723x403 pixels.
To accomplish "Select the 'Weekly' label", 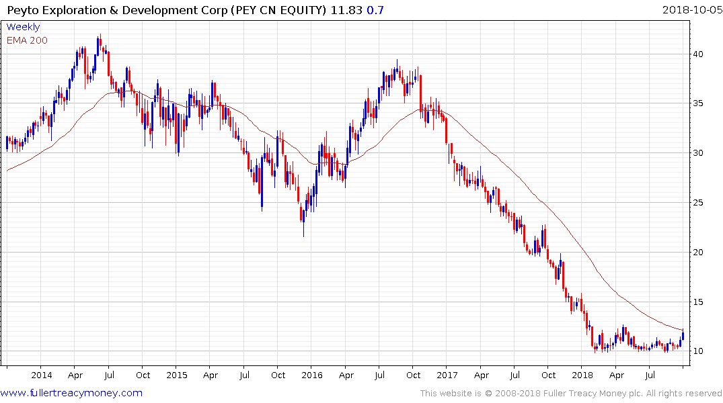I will pos(23,28).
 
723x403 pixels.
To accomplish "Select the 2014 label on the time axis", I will pos(41,375).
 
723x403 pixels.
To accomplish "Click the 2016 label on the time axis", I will pos(312,375).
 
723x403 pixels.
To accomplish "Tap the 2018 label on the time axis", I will pos(582,375).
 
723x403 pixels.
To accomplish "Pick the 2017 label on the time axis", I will pos(447,375).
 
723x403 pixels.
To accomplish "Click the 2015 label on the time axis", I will pos(177,375).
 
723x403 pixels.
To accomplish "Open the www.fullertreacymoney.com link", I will pos(71,393).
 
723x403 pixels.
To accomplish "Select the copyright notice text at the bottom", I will pos(571,394).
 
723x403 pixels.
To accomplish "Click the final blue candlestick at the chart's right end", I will pos(683,335).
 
